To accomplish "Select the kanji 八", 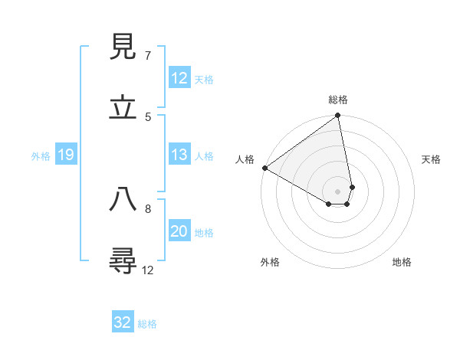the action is [x=123, y=199].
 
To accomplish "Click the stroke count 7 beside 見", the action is [x=148, y=56].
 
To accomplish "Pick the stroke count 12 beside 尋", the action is [x=148, y=270].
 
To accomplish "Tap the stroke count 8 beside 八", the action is [x=148, y=208].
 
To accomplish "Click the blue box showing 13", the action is [x=179, y=155].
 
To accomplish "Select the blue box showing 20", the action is [x=179, y=232].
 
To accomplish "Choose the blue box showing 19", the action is [x=65, y=155].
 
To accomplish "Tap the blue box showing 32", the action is [x=123, y=322].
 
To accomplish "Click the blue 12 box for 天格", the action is [x=179, y=78].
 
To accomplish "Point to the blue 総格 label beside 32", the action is [x=147, y=324].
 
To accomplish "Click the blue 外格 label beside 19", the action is [x=41, y=156].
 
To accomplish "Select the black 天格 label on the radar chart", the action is [x=431, y=159].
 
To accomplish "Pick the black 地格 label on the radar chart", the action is [x=402, y=262].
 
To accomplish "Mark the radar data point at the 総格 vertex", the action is [x=337, y=116].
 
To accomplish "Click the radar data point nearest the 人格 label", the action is [x=264, y=168].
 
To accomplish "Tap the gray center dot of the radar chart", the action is [x=337, y=191].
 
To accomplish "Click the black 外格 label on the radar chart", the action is [x=270, y=262].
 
